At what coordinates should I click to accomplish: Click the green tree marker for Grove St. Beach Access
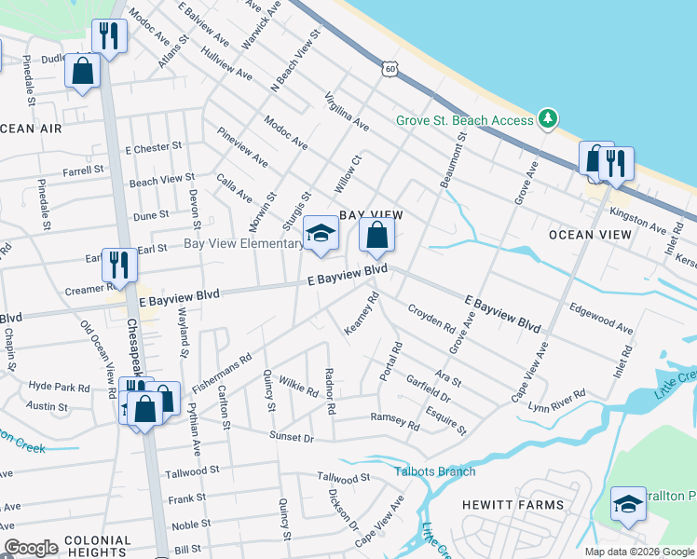coord(549,118)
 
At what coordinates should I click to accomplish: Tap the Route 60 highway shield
coord(389,68)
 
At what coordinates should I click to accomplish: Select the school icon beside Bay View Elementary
coord(321,235)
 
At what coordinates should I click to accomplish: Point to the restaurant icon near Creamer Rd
coord(119,265)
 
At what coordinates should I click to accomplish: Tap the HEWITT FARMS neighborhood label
coord(512,505)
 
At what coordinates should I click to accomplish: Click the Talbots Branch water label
coord(434,471)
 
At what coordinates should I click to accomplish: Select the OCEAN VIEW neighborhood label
coord(590,234)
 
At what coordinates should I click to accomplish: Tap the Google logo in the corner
coord(31,548)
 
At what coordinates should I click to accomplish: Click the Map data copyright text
coord(639,552)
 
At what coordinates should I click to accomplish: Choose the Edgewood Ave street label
coord(601,319)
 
